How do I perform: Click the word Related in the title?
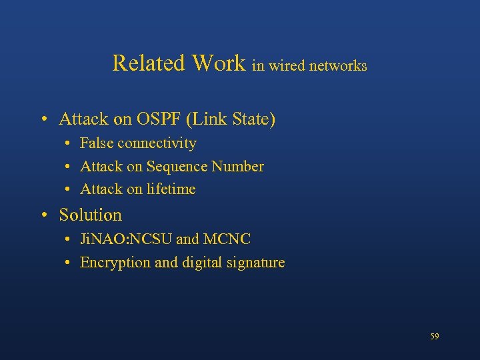tap(149, 63)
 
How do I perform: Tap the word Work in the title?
tap(219, 63)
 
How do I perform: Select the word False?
tap(97, 143)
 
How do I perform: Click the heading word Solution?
tap(90, 215)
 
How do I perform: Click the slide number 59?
tap(434, 337)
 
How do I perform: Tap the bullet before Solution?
tap(43, 215)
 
